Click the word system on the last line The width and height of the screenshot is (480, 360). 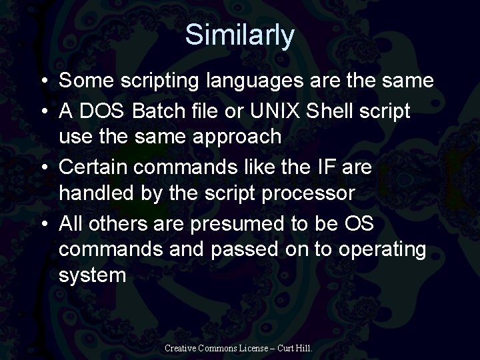point(92,275)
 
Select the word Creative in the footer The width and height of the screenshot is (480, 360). point(179,347)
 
